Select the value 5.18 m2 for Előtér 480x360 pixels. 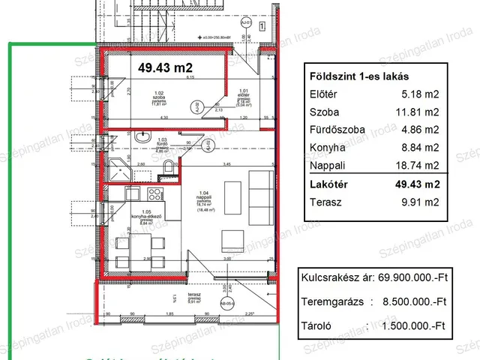[x=421, y=94]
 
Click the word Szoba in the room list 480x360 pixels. [x=323, y=112]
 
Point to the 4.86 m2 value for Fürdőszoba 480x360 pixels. [x=421, y=130]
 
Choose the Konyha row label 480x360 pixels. [x=326, y=148]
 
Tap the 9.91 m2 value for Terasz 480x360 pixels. [x=421, y=201]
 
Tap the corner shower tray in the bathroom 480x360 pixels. [x=118, y=169]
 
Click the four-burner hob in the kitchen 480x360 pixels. [x=154, y=199]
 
